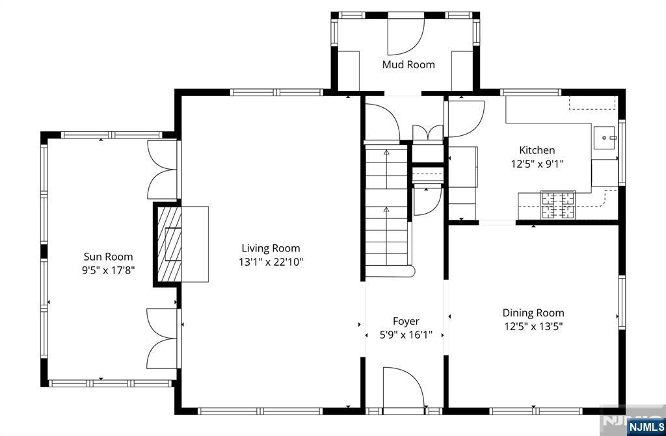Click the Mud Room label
(408, 64)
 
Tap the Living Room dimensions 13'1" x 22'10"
(271, 262)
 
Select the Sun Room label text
(108, 257)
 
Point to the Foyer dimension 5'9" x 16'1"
(406, 335)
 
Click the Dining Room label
(533, 313)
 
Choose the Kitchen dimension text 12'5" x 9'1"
(537, 164)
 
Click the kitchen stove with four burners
(557, 205)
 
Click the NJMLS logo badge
(646, 426)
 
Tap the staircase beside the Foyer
(387, 210)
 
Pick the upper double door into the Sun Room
(162, 170)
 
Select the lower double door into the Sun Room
(162, 339)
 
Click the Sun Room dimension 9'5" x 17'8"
(109, 270)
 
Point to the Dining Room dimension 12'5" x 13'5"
(533, 326)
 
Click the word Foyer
(406, 322)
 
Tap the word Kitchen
(537, 150)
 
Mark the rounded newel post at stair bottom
(411, 272)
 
